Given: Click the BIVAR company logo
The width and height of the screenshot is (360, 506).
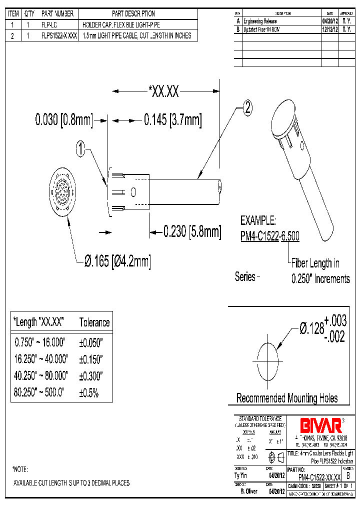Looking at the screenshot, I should [320, 425].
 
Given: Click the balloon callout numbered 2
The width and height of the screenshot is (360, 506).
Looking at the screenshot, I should [247, 107].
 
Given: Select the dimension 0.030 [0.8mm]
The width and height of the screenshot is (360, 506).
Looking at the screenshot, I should [64, 120].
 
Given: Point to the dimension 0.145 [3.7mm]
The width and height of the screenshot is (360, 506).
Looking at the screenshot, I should [172, 120].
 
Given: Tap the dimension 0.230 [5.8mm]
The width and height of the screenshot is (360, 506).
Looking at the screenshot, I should [192, 231].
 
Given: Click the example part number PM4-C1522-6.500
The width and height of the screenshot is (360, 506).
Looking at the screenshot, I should [270, 236].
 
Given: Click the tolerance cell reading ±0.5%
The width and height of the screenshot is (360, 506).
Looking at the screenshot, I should [88, 392].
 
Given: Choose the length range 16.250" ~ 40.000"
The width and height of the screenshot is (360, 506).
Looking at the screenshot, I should [41, 359].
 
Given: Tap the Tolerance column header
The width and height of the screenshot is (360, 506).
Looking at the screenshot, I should [94, 322].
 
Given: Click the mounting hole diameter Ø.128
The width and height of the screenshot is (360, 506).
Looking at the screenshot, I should [311, 328].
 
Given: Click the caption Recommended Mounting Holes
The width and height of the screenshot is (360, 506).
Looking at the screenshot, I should [286, 398].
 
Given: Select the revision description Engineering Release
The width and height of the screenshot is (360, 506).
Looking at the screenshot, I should [260, 21].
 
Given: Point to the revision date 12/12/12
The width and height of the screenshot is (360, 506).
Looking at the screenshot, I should [329, 29].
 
